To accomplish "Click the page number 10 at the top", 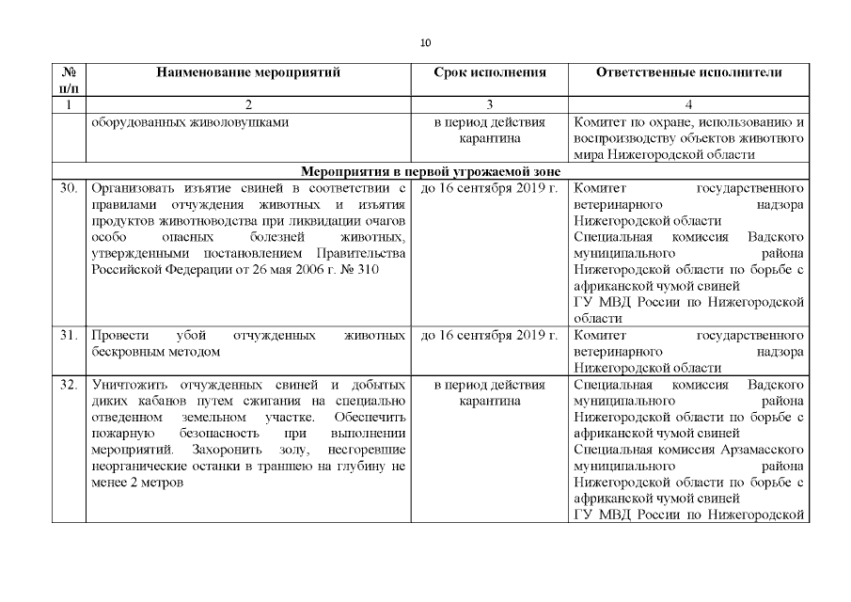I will (425, 42).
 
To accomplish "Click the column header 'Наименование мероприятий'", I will (248, 72).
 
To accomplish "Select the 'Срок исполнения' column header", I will (489, 72).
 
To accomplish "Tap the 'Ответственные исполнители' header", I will (688, 72).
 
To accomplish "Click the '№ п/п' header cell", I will (68, 79).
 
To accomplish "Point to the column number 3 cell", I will (489, 104).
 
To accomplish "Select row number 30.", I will (68, 188).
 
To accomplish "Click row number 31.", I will (68, 335).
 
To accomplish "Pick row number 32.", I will (68, 386).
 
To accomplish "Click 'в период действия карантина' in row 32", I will (489, 393).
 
